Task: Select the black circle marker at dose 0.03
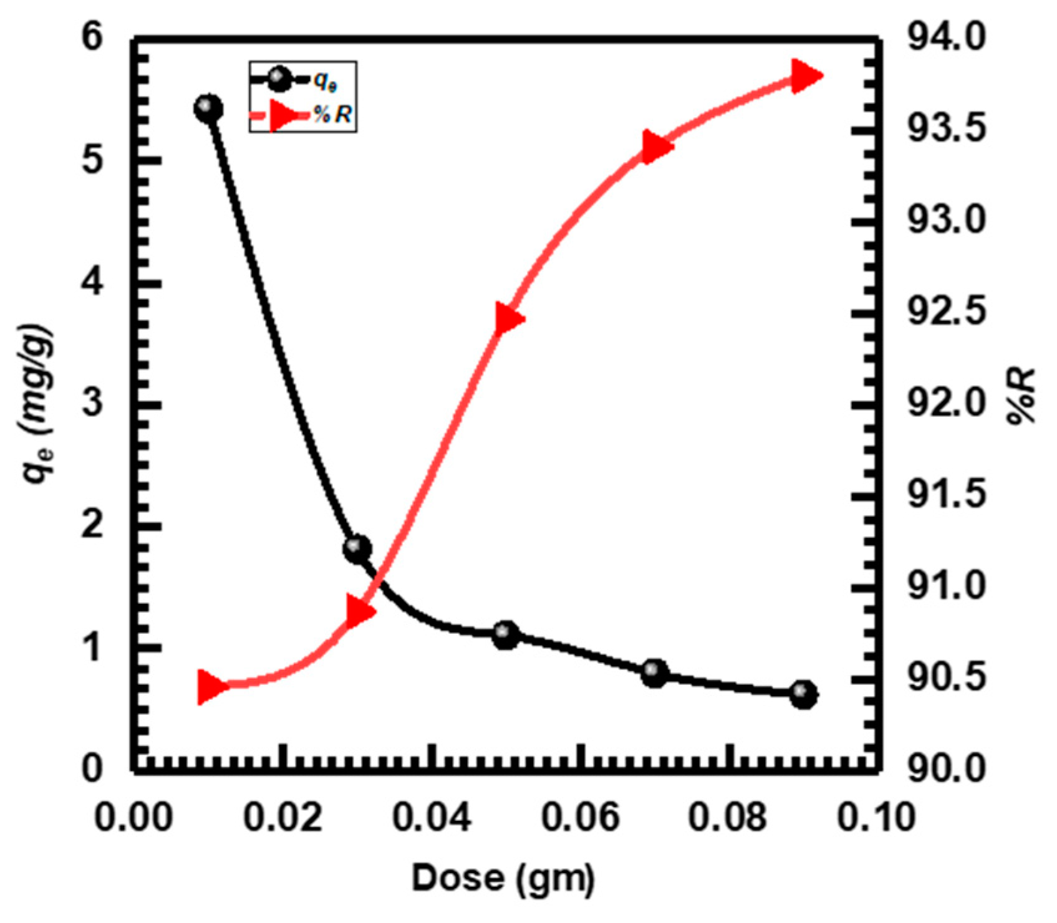coord(357,548)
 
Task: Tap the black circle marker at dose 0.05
coord(506,635)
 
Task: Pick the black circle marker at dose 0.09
coord(804,695)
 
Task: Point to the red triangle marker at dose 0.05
coord(508,319)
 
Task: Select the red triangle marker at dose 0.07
coord(656,147)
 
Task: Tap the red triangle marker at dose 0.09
coord(805,77)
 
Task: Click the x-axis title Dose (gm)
coord(503,878)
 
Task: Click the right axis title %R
coord(1021,396)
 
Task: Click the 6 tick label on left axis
coord(92,39)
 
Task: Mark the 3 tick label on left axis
coord(92,404)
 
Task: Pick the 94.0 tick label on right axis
coord(947,39)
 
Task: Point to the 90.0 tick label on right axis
coord(947,769)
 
